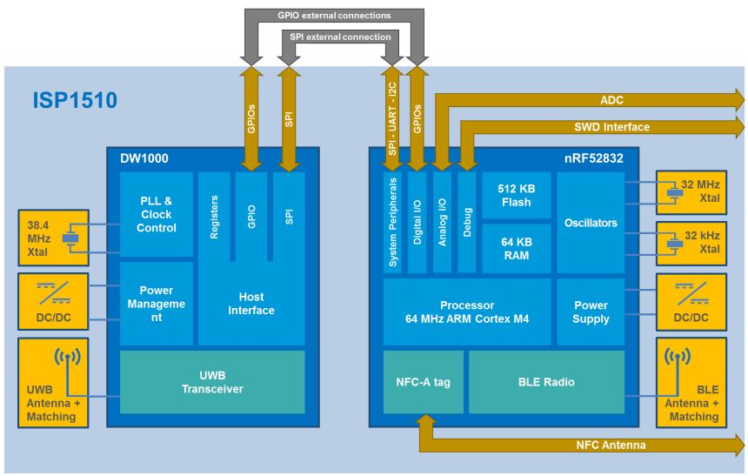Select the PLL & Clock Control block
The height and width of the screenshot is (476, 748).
coord(156,214)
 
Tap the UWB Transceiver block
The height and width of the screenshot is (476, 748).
coord(212,382)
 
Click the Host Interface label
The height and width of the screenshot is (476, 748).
coord(250,304)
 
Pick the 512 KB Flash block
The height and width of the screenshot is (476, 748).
coord(511,195)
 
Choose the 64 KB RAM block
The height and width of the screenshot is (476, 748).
coord(511,248)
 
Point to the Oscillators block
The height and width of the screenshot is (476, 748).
coord(591,223)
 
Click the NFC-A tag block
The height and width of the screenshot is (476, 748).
coord(422,381)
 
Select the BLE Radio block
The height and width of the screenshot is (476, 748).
coord(546,381)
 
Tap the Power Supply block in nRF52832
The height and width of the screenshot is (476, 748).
coord(591,312)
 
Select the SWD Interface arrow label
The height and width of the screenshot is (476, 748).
coord(611,127)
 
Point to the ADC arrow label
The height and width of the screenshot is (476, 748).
coord(611,100)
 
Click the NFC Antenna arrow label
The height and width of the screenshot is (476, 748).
coord(611,445)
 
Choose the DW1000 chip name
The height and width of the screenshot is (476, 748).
coord(144,158)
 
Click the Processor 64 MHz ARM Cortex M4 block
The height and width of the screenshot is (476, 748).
coord(467,312)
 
